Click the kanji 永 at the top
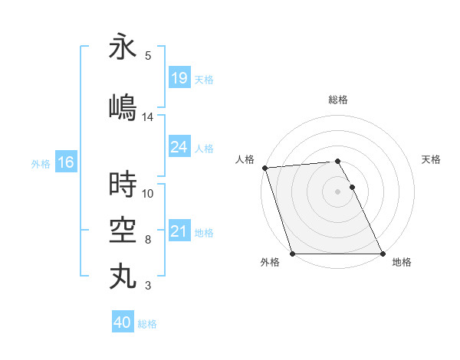(x=123, y=47)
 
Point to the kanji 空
(x=123, y=228)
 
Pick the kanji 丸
(x=123, y=275)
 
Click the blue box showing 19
(x=179, y=78)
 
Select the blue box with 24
(x=179, y=148)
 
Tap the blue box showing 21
(x=179, y=232)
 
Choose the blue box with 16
(x=65, y=162)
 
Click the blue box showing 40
(x=123, y=322)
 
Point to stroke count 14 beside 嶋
(x=148, y=117)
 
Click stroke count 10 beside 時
(x=148, y=193)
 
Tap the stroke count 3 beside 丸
(x=148, y=286)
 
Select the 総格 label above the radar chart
(x=338, y=100)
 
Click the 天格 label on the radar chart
(x=431, y=159)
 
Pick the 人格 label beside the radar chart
(x=245, y=159)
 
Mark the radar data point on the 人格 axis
(x=264, y=168)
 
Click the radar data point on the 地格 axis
(x=383, y=254)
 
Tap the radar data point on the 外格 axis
(x=292, y=254)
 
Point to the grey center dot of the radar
(x=337, y=191)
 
